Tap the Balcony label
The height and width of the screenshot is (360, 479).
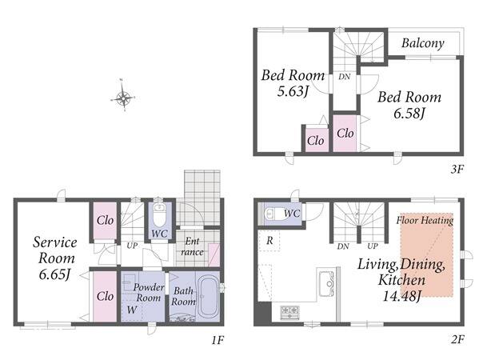(x=423, y=43)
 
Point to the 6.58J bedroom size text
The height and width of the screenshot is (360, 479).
(x=409, y=114)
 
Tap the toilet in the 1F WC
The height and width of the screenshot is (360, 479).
(x=159, y=214)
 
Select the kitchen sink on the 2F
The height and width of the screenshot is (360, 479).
(x=326, y=283)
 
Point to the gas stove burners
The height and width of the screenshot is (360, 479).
(x=289, y=313)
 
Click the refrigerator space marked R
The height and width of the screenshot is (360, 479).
(x=269, y=241)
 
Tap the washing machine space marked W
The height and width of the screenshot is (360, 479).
(x=131, y=310)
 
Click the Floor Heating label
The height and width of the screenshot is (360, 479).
(x=425, y=220)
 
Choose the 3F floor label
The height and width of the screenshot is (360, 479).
(x=457, y=170)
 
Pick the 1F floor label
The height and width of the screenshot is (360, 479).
(x=218, y=340)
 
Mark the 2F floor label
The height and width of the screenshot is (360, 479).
(x=457, y=339)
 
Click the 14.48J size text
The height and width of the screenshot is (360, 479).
(x=402, y=296)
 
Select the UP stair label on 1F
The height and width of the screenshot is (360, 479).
(x=132, y=246)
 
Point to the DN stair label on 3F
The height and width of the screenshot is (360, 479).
(x=345, y=77)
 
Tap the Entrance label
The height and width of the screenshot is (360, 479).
(x=192, y=246)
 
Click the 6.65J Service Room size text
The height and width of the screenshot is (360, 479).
(x=54, y=274)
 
